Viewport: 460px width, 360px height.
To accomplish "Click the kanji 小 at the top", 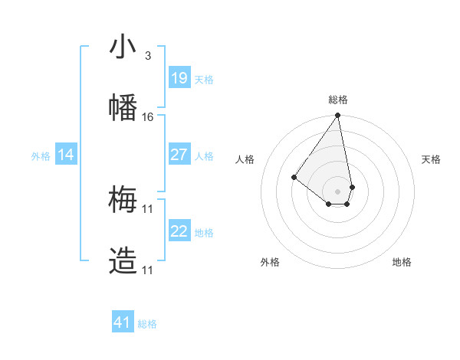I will click(x=123, y=48).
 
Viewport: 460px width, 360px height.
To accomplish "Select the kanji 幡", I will click(x=123, y=107).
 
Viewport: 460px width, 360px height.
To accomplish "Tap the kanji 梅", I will click(x=123, y=200).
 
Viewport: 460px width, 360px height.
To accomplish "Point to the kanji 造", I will click(x=123, y=261).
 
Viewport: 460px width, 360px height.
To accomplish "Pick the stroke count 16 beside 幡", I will click(x=148, y=117).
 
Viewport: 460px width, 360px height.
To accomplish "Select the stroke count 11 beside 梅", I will click(x=148, y=208).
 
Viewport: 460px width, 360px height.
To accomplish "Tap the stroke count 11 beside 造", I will click(x=148, y=270).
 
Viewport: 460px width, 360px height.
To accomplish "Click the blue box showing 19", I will click(x=179, y=77).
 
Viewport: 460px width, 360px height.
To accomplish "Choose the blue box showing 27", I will click(x=179, y=155).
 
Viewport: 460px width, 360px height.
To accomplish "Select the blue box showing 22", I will click(x=179, y=231).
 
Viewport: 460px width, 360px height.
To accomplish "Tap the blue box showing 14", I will click(x=66, y=155).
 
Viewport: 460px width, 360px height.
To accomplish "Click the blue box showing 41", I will click(x=123, y=322).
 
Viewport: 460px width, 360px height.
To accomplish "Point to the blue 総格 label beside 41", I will click(x=147, y=324).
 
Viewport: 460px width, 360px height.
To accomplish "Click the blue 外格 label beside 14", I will click(x=41, y=156).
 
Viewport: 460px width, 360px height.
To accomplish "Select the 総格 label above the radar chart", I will click(x=338, y=100).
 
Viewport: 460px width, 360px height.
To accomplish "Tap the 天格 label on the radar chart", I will click(x=431, y=159).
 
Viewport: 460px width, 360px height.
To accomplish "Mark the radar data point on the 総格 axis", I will click(x=338, y=116).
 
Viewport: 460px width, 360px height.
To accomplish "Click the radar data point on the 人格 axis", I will click(x=294, y=177).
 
